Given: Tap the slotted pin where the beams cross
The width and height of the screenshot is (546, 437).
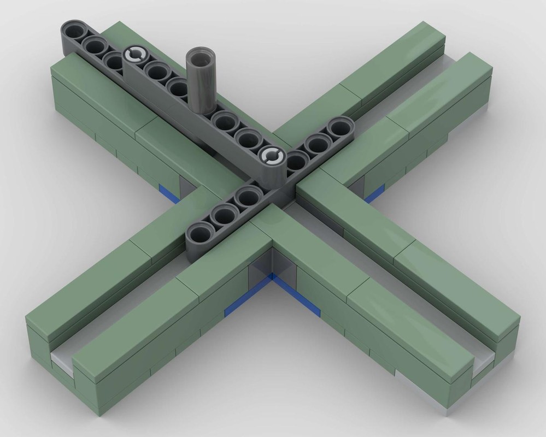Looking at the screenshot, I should point(272,156).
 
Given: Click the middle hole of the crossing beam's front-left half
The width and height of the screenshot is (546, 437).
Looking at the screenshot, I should point(224,216).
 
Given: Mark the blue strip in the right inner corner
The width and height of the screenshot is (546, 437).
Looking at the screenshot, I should point(374,193).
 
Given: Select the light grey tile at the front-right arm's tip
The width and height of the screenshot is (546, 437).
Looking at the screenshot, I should point(483,363).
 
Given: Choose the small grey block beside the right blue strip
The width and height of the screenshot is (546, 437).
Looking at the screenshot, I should point(357,185).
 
